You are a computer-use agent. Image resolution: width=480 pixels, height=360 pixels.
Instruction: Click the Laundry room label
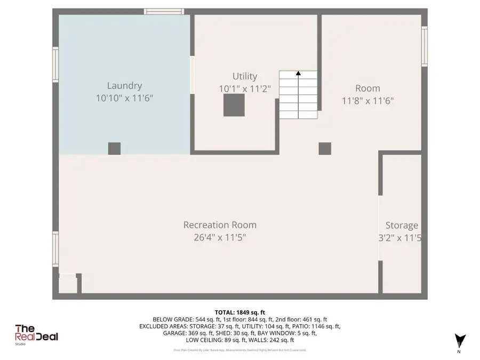[124, 85]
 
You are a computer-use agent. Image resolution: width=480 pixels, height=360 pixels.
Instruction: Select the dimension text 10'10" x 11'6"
[124, 98]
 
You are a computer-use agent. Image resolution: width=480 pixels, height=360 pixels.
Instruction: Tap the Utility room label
[245, 76]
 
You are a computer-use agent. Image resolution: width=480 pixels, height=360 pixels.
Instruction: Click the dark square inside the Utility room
[234, 105]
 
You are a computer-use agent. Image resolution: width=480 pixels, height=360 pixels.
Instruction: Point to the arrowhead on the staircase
[298, 74]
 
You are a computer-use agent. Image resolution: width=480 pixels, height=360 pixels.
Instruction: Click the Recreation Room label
[220, 225]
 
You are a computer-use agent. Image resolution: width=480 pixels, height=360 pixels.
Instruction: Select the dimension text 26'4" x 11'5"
[220, 237]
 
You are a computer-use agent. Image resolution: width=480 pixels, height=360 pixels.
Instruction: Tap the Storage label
[402, 226]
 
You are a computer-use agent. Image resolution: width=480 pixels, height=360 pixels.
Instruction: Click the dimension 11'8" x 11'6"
[367, 100]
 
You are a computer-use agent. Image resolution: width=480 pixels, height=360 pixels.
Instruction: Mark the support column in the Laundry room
[114, 148]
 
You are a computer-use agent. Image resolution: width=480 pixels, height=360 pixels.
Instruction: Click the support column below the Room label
[325, 148]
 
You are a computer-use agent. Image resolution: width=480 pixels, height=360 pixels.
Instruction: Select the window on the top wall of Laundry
[164, 11]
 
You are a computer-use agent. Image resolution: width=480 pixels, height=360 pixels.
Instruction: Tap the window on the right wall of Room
[425, 47]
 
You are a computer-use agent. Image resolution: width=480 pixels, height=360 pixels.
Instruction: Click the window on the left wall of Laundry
[55, 65]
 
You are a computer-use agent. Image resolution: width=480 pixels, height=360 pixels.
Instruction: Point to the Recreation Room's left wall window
[55, 249]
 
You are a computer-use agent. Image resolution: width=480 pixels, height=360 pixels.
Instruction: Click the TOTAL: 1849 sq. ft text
[239, 312]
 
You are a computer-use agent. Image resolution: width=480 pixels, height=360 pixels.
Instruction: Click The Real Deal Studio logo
[36, 334]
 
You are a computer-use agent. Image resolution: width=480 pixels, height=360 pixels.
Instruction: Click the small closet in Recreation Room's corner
[68, 284]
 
